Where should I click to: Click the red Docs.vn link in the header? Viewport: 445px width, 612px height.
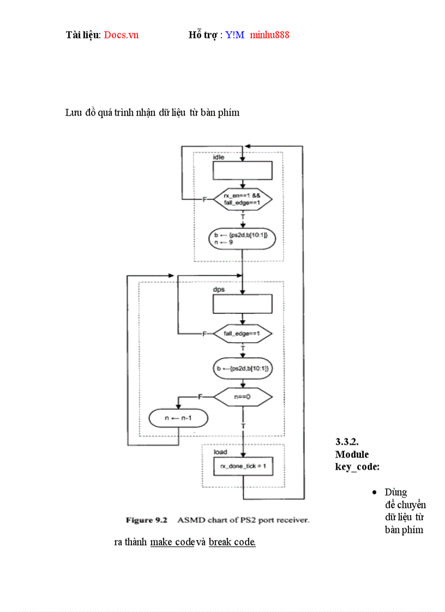pos(121,35)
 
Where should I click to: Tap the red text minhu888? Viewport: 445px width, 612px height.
pos(269,35)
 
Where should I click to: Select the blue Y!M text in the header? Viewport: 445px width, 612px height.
pos(234,35)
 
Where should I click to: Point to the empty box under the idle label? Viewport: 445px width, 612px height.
pos(242,171)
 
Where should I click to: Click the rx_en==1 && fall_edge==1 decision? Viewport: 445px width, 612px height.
pos(242,199)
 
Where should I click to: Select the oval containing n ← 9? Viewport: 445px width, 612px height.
pos(242,238)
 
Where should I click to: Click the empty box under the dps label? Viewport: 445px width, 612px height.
pos(242,304)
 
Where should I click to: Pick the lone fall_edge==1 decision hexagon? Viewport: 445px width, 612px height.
pos(242,333)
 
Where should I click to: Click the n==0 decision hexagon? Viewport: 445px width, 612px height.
pos(242,397)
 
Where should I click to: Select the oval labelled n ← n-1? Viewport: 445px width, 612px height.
pos(178,419)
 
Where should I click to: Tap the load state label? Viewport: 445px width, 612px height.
pos(220,452)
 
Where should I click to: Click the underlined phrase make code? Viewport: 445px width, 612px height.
pos(172,542)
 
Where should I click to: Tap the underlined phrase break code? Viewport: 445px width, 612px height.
pos(232,542)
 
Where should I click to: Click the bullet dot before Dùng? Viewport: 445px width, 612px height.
pos(374,493)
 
